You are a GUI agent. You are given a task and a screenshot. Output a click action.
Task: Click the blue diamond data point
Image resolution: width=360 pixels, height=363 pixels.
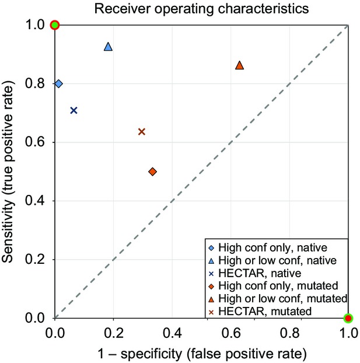(x=58, y=83)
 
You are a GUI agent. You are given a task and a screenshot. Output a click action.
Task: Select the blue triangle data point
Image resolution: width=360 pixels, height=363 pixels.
(x=108, y=47)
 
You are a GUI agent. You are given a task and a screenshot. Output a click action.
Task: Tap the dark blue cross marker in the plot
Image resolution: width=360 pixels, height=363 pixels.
(x=74, y=110)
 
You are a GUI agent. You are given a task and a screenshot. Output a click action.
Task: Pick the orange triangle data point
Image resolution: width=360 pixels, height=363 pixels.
(x=239, y=65)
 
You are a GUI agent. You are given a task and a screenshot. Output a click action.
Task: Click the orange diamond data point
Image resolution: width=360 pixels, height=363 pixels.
(x=152, y=172)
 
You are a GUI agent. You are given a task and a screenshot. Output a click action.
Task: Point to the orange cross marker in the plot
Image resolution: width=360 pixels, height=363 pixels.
(x=141, y=131)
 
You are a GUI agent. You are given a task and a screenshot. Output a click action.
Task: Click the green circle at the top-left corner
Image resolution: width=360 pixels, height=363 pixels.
(x=55, y=25)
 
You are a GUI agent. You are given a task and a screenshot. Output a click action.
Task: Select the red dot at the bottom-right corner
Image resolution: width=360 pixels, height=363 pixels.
(x=348, y=318)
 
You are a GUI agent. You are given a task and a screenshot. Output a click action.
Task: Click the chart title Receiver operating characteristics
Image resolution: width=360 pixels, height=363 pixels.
(x=202, y=8)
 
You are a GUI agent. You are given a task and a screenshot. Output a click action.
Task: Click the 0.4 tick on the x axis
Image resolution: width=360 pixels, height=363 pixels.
(x=172, y=332)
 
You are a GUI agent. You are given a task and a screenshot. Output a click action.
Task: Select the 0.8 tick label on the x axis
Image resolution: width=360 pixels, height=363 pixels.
(x=289, y=332)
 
